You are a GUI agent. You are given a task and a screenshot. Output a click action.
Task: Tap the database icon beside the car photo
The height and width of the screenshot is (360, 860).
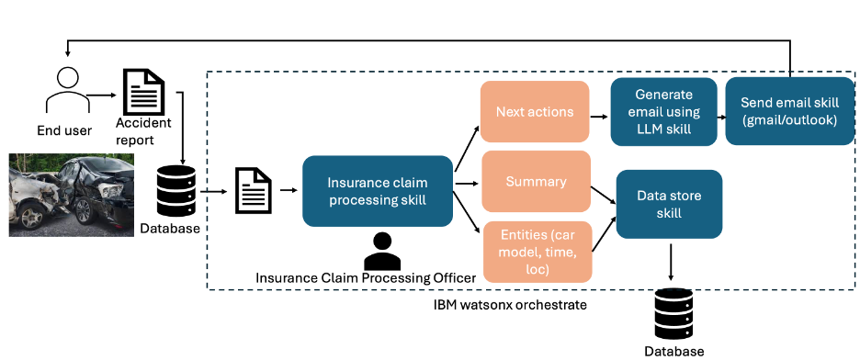(176, 191)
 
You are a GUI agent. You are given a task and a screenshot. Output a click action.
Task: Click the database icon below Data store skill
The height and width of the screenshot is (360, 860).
(673, 313)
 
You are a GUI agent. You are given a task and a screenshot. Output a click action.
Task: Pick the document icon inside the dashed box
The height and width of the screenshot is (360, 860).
(254, 191)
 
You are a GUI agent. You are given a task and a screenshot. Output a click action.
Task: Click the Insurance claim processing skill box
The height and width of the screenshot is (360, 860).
(378, 191)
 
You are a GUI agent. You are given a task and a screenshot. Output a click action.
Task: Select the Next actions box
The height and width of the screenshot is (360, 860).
(535, 112)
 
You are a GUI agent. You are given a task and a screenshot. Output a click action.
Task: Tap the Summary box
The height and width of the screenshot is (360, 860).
(536, 181)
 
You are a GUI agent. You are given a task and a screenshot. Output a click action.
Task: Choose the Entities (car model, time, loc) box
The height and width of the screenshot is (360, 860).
(537, 252)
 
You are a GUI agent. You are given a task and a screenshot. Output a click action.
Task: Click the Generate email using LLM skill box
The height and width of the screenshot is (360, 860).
(663, 112)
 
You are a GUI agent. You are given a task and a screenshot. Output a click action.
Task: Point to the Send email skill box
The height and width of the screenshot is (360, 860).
(790, 111)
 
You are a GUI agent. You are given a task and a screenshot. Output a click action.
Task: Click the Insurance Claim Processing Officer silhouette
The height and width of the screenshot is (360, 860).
(383, 251)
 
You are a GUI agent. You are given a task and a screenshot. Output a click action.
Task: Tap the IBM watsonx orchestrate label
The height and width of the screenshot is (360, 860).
(510, 304)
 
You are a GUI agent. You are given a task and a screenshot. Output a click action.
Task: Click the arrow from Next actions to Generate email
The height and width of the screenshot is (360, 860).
(599, 117)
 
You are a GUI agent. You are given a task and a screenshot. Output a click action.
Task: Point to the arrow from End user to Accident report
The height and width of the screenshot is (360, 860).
(101, 95)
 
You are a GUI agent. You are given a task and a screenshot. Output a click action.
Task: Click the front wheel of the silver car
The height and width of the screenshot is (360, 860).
(32, 217)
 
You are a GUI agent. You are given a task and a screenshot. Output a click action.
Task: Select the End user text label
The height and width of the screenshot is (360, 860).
(64, 130)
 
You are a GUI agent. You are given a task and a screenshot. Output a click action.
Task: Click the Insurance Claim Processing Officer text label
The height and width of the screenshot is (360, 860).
(366, 278)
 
